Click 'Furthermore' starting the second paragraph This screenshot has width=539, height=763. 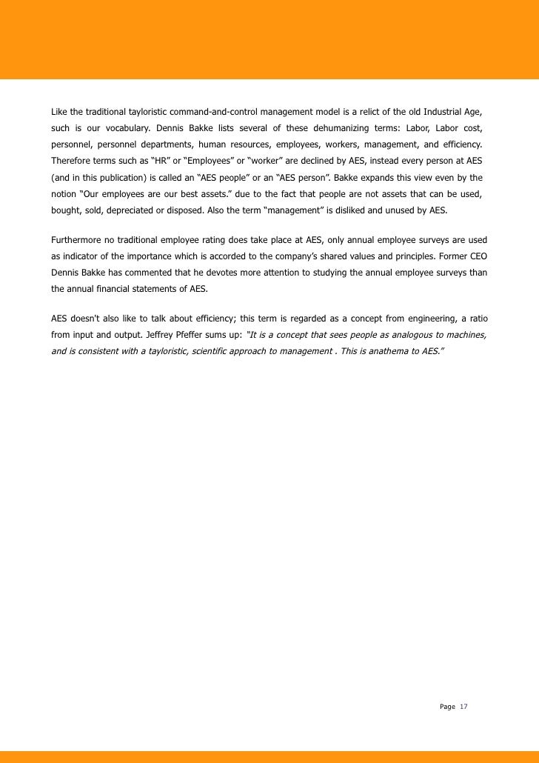76,240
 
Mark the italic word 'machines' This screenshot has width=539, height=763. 466,335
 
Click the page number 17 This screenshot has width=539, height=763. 464,707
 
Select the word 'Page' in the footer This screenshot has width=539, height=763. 447,707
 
